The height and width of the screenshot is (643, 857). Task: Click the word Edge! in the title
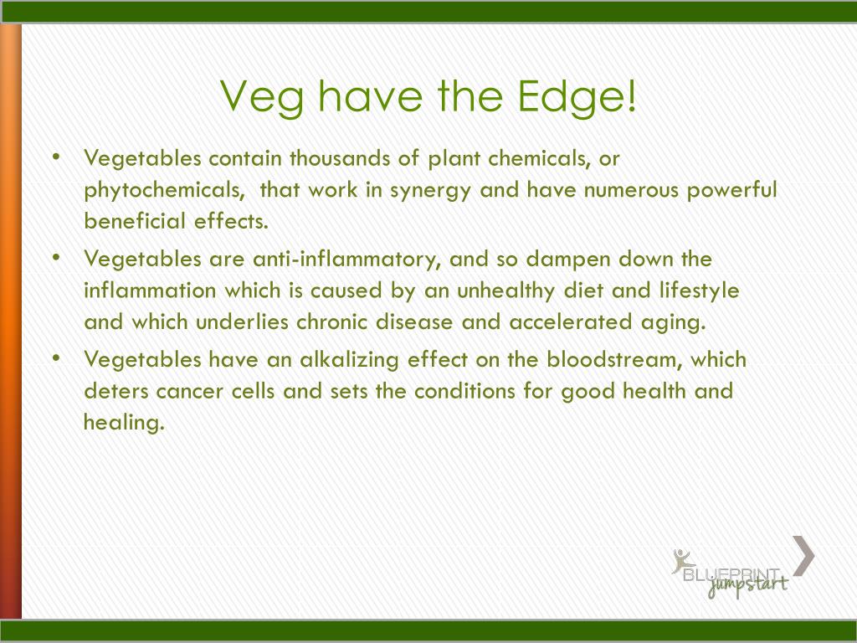point(577,95)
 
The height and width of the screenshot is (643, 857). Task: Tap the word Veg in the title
point(262,97)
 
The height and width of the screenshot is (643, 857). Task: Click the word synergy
point(430,191)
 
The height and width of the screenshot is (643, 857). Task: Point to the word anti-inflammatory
point(346,260)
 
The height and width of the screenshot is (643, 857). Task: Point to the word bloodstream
point(614,360)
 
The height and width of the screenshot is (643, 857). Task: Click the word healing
point(124,423)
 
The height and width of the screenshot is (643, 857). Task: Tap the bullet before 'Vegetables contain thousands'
point(56,157)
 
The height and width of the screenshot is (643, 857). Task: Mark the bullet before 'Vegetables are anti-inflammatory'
point(56,258)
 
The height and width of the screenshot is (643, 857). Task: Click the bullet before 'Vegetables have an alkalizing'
point(56,358)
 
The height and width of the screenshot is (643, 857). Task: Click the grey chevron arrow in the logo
point(803,556)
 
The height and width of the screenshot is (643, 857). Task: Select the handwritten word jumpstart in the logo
point(747,585)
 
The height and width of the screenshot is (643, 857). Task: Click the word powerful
point(731,190)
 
